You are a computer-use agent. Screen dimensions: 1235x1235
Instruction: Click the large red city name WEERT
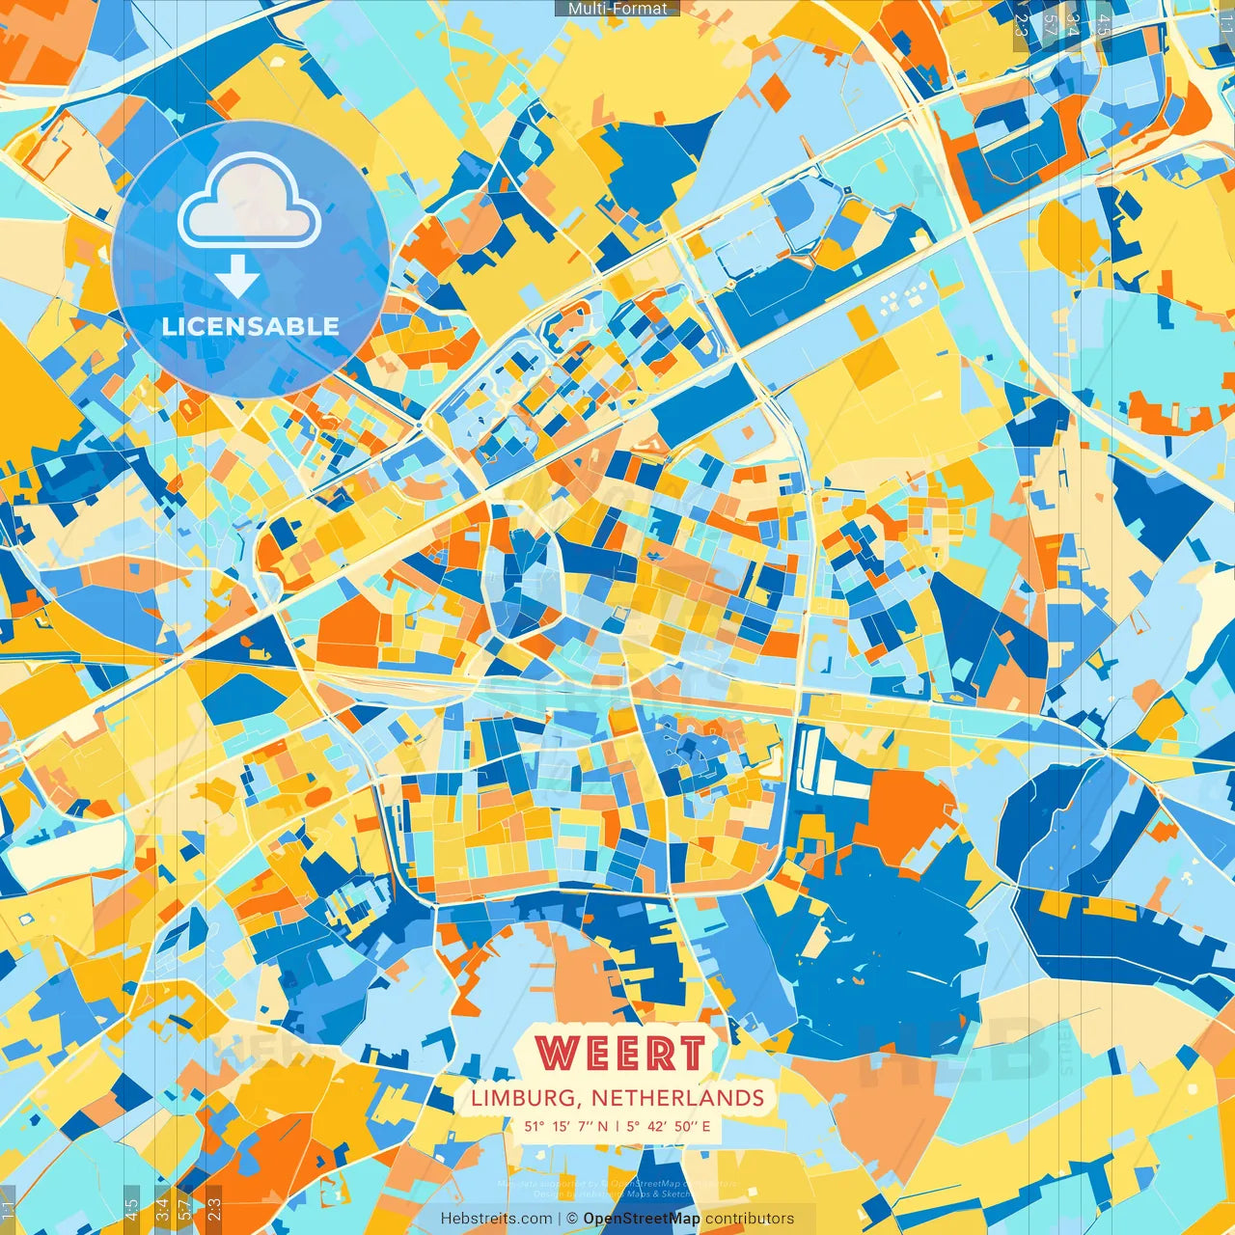click(x=621, y=1054)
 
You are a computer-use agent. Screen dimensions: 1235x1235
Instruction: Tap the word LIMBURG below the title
click(x=526, y=1098)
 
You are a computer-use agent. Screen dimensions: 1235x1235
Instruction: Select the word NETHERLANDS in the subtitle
click(x=677, y=1098)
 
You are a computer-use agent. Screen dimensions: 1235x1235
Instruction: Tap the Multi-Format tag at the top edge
click(x=617, y=9)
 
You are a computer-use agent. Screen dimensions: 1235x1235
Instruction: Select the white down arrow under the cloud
click(x=237, y=277)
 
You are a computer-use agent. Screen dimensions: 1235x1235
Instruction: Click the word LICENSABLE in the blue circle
click(x=251, y=326)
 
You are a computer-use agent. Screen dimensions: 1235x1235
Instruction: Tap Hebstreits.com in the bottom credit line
click(x=497, y=1219)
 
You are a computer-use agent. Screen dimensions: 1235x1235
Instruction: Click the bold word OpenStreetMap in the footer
click(x=642, y=1219)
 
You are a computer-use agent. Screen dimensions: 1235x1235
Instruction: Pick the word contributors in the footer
click(x=750, y=1219)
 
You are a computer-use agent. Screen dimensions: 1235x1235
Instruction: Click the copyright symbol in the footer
click(x=571, y=1219)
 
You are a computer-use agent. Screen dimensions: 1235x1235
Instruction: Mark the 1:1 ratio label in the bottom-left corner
click(x=9, y=1209)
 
